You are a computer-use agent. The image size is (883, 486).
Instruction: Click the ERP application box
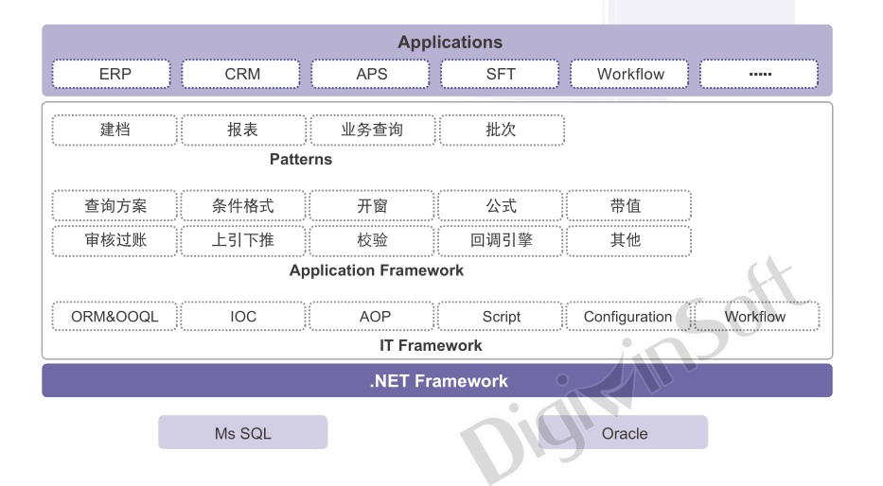coord(112,74)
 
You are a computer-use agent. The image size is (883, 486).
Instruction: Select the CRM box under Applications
coord(241,74)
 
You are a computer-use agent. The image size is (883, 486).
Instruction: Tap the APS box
coord(371,74)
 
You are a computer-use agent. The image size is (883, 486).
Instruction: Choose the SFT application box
coord(501,74)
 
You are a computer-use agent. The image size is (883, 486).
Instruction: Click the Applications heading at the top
coord(450,43)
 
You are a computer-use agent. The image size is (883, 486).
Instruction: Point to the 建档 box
coord(115,130)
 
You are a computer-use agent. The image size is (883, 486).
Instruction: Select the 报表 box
coord(243,130)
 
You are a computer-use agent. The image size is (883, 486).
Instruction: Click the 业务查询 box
coord(372,130)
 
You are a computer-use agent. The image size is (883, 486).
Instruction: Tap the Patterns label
coord(301,159)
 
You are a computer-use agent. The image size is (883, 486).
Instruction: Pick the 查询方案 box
coord(115,206)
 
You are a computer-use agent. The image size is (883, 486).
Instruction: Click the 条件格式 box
coord(243,206)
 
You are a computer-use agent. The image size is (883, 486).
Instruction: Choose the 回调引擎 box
coord(501,240)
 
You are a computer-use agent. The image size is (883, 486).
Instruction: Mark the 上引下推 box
coord(243,240)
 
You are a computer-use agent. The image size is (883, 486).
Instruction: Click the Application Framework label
coord(377,270)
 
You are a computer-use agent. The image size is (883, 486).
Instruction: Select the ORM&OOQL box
coord(115,317)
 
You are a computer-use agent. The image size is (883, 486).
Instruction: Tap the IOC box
coord(243,317)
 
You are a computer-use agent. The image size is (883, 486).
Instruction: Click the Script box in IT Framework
coord(501,317)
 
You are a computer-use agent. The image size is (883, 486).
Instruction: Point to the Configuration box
coord(627,317)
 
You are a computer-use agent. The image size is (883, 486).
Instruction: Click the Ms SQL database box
coord(242,433)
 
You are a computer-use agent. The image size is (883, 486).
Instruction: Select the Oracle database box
coord(625,433)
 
